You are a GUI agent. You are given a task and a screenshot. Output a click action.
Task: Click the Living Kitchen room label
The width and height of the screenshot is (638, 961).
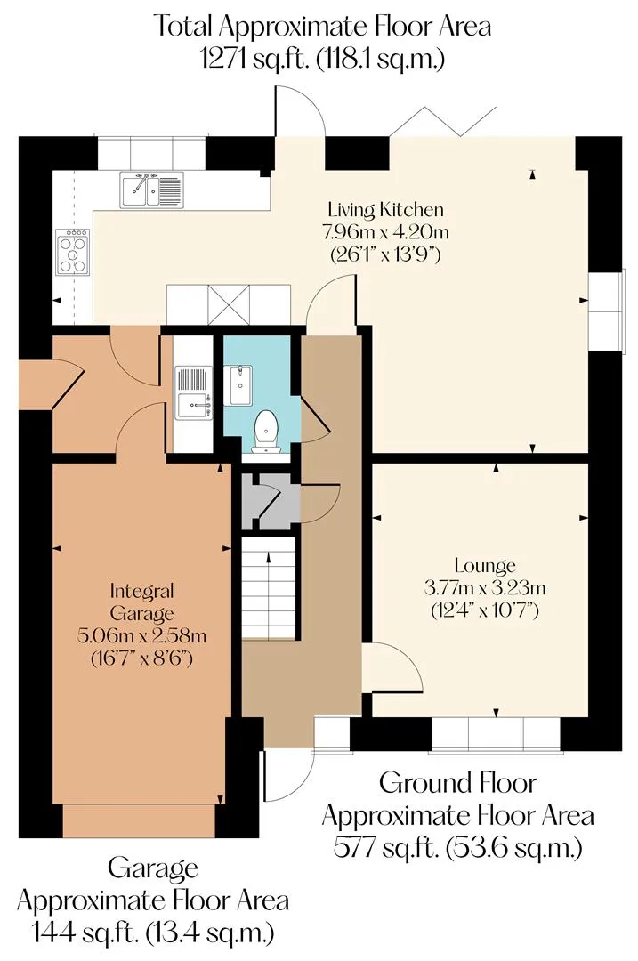coord(385,210)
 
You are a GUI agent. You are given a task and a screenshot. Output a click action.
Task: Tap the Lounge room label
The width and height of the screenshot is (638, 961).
coord(485,566)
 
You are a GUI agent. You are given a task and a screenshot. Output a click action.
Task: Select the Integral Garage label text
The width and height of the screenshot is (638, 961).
coord(141,602)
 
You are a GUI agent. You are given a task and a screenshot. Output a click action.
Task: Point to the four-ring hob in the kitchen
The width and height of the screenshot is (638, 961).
coord(73,251)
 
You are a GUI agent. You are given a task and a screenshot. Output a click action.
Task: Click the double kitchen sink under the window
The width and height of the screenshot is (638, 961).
coord(151,190)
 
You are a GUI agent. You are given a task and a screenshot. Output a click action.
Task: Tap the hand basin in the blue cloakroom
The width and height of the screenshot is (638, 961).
coord(241,385)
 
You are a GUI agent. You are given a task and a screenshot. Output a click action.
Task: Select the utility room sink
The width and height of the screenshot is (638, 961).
coord(194,393)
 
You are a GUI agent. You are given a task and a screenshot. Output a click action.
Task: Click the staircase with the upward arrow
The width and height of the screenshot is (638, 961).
coord(269,586)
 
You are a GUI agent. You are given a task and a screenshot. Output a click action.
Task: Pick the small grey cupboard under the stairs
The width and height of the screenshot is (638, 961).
coord(271,501)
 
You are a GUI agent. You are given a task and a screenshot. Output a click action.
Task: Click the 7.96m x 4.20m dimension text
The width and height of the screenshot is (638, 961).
coord(385,232)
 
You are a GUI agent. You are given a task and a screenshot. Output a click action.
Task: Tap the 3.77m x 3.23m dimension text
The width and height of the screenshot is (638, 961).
coord(485,588)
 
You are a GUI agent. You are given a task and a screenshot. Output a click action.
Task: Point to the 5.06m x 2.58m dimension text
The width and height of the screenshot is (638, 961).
coord(141,635)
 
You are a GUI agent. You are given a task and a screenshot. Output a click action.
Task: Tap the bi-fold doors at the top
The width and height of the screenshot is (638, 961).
coord(442,121)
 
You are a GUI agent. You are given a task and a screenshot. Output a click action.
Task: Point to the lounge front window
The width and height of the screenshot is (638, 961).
coord(496,734)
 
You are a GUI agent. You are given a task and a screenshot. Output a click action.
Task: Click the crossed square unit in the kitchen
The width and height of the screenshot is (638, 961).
coord(229,304)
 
